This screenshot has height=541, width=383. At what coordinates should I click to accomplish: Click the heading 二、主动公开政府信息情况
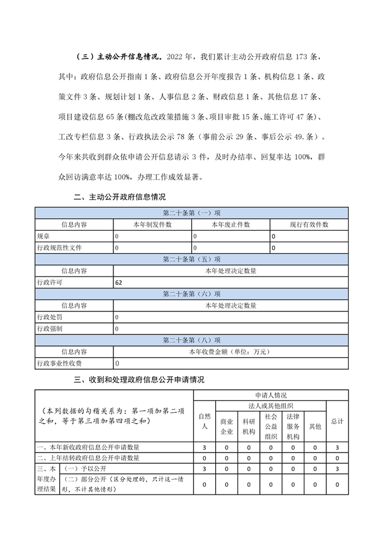click(119, 196)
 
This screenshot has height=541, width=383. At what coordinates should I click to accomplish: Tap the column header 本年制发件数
click(153, 224)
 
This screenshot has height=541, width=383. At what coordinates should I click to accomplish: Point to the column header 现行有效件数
click(309, 224)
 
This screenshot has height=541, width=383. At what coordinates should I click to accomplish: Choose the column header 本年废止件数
click(230, 224)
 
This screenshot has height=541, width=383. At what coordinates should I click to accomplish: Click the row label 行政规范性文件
click(59, 248)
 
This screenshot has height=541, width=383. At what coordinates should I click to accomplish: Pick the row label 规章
click(43, 236)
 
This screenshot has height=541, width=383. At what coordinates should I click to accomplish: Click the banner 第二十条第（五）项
click(191, 259)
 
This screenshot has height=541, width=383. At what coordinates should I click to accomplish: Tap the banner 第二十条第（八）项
click(191, 340)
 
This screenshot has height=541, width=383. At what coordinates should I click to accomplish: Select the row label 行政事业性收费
click(59, 363)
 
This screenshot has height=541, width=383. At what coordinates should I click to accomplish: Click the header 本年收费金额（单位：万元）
click(230, 351)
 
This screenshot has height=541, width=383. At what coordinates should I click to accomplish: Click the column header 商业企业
click(227, 427)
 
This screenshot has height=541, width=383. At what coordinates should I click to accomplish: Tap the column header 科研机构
click(248, 427)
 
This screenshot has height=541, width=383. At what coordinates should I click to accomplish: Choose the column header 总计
click(337, 421)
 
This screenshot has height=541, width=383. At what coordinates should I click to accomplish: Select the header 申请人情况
click(270, 395)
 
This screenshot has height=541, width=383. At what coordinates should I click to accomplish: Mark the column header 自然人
click(204, 421)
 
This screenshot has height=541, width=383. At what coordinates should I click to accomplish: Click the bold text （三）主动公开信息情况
click(118, 57)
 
